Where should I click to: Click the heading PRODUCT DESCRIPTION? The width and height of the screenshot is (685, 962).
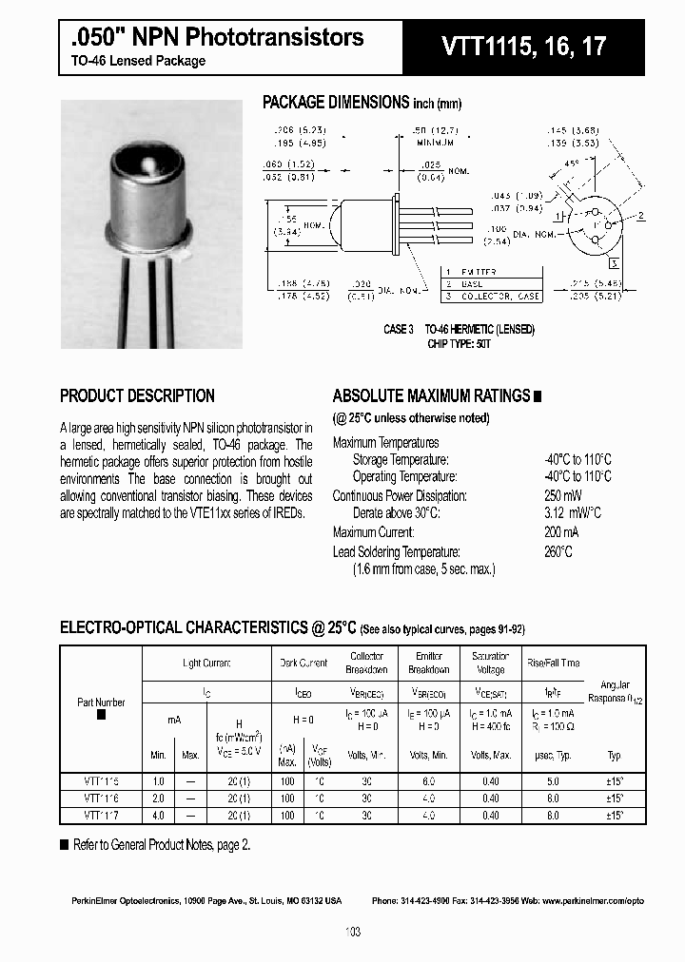137,396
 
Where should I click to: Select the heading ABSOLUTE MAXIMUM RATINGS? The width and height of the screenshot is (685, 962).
431,396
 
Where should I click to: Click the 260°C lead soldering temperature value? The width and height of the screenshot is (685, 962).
558,552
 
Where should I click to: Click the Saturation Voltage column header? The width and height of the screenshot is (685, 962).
490,663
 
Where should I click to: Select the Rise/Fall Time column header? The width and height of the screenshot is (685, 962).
552,663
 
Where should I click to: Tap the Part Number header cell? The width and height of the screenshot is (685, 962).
101,702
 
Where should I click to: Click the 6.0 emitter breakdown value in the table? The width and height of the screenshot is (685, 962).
429,780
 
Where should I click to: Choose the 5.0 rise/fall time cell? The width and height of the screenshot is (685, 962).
552,780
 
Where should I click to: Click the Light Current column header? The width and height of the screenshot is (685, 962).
206,663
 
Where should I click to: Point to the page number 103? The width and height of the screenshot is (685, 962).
353,933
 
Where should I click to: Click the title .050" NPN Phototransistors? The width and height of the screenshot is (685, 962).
217,37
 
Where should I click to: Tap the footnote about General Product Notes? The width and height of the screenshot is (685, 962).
162,844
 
